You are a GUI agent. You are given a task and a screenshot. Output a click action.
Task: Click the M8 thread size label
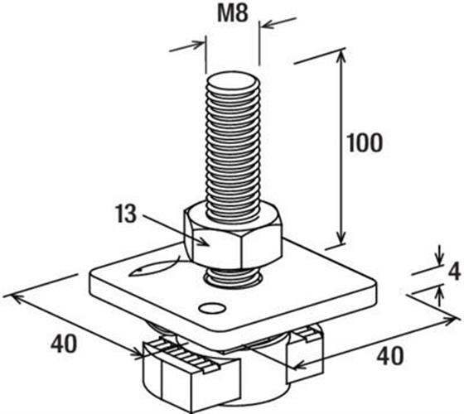233,13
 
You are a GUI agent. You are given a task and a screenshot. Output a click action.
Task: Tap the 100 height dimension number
365,143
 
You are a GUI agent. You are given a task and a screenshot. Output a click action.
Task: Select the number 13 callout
126,214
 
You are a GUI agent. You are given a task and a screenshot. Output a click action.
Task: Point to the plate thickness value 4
454,272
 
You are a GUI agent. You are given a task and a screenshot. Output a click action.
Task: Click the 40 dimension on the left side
64,344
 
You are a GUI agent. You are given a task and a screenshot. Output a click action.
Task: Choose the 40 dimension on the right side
390,355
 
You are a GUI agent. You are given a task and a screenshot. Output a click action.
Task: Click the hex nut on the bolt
233,235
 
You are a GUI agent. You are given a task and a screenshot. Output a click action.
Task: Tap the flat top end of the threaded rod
233,80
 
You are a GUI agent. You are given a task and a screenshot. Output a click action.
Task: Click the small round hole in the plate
212,308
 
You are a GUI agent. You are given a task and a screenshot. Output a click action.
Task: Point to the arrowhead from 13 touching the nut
204,241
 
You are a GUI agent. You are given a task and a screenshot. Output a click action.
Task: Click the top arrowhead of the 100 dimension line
341,57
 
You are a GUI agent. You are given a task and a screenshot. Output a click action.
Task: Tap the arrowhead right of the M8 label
268,25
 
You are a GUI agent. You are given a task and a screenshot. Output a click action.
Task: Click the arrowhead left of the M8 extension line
196,45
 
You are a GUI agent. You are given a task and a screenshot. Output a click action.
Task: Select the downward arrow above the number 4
440,255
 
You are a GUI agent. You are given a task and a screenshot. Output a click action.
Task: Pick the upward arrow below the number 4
440,296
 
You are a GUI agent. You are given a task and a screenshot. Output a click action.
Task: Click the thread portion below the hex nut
233,278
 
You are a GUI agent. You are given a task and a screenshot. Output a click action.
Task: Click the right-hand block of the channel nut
304,352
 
